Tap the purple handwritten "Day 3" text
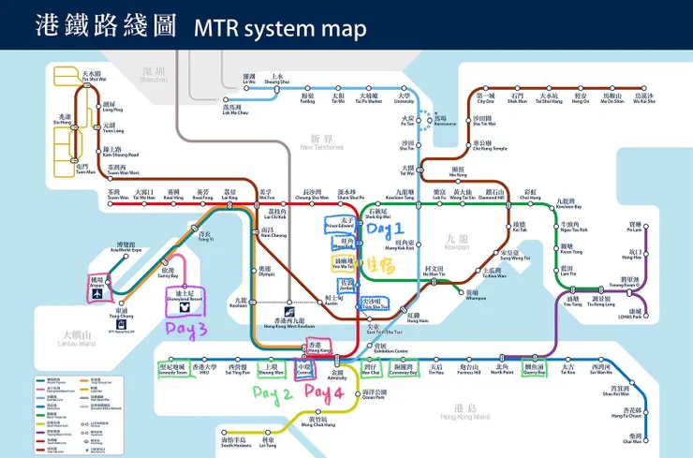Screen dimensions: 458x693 click(x=187, y=329)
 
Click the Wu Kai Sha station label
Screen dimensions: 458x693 click(x=643, y=97)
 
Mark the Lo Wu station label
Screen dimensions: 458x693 click(x=248, y=80)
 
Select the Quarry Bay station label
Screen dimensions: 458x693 click(x=535, y=370)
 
